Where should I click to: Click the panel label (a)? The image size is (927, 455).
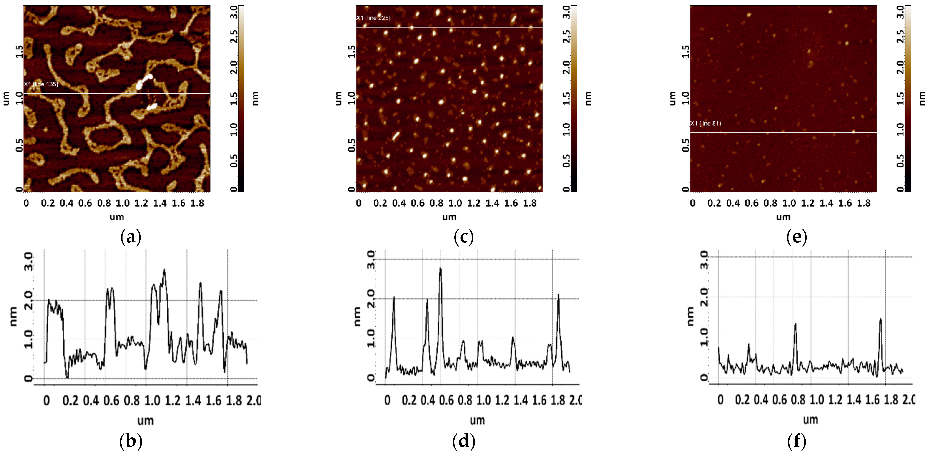(x=131, y=237)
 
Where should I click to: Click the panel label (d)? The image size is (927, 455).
(x=463, y=441)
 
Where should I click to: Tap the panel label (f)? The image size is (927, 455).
(x=796, y=441)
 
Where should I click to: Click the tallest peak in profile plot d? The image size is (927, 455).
(x=440, y=269)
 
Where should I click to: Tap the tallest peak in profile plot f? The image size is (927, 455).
(x=880, y=319)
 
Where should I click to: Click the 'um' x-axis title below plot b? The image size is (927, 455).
(x=145, y=420)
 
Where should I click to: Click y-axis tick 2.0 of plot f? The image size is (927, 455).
(x=705, y=297)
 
